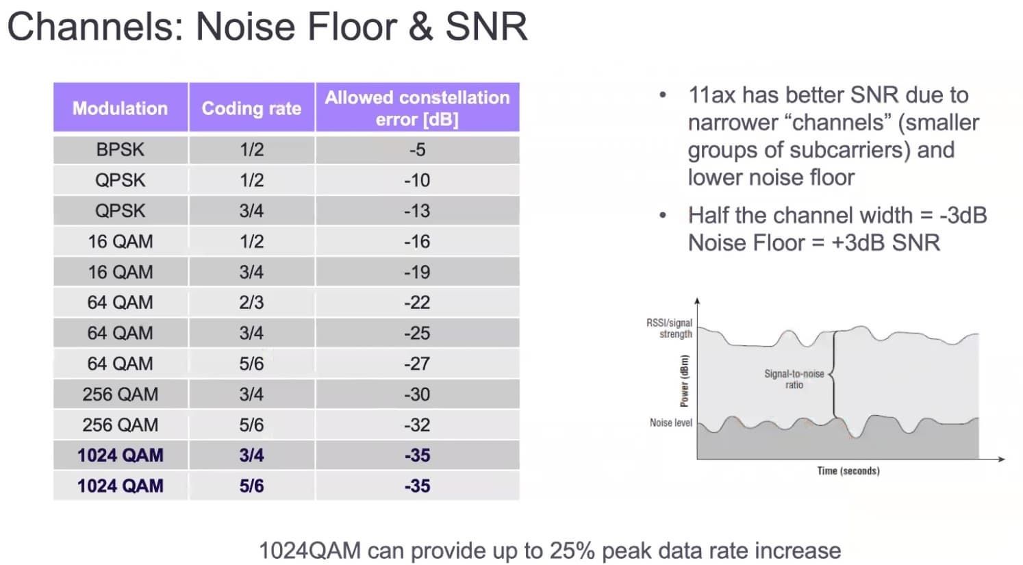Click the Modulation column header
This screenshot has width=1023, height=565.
(120, 108)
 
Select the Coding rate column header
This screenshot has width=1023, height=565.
(251, 108)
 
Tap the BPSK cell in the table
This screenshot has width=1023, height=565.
(120, 149)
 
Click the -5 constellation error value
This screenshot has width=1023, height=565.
(418, 149)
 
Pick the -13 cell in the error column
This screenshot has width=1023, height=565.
(418, 210)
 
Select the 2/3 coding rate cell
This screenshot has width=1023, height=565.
(251, 303)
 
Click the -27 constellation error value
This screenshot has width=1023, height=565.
(418, 364)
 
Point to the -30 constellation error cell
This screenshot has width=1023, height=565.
(418, 394)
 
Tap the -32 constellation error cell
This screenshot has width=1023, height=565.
(418, 425)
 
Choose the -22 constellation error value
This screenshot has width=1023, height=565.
(418, 303)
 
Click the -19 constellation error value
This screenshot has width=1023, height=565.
(418, 272)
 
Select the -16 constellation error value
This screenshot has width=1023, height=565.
(418, 241)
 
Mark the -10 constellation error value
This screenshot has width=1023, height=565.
(418, 180)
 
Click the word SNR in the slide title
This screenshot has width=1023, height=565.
(486, 27)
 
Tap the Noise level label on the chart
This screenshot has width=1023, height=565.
(671, 423)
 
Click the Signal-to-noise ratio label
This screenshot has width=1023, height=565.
(794, 379)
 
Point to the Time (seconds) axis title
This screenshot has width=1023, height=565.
(848, 471)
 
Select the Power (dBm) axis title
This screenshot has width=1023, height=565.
(684, 381)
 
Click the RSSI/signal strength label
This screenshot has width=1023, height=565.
(670, 329)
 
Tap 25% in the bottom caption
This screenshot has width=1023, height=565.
(572, 551)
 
